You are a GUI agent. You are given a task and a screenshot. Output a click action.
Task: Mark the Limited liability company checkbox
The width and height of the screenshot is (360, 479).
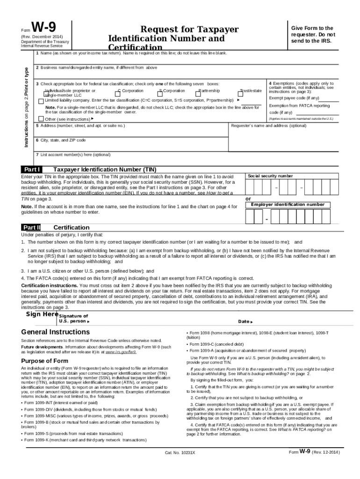point(41,101)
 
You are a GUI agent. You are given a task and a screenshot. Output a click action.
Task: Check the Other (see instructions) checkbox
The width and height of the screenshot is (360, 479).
point(41,118)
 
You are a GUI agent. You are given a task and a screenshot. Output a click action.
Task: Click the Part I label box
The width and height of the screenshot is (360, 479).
point(32,169)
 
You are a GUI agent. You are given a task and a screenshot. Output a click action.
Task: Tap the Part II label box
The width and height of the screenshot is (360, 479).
point(32,227)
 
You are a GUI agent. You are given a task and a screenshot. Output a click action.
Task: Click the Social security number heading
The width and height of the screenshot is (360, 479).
point(270,176)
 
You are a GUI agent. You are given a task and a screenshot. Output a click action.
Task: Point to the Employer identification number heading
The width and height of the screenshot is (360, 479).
point(287,204)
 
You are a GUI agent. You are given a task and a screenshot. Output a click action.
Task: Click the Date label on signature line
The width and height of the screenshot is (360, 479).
point(245,322)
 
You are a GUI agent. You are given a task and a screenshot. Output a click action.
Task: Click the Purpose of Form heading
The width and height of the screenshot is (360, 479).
point(45,361)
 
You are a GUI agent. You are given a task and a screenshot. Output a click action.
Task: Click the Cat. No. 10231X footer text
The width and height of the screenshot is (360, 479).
point(180,453)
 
